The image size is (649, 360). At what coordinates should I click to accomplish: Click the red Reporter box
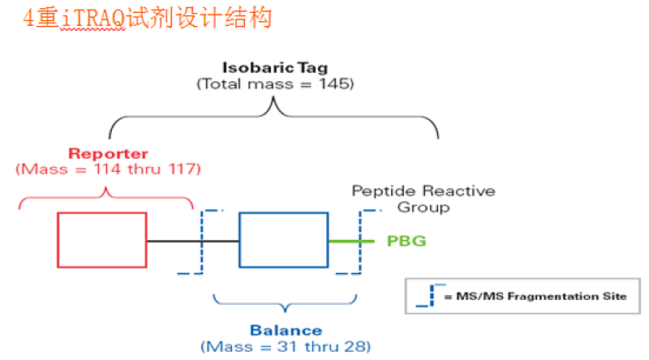[x=101, y=240]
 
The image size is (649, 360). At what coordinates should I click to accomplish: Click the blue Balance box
[x=283, y=240]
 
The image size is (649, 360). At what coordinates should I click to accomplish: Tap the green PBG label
[x=406, y=241]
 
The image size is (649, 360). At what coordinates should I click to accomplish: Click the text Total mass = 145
[x=275, y=84]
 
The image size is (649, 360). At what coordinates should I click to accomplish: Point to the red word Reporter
[x=108, y=153]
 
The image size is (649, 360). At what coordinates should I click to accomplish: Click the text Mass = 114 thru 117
[x=108, y=169]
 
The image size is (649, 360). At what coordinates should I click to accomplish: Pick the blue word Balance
[x=286, y=331]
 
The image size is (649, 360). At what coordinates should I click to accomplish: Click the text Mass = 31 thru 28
[x=286, y=346]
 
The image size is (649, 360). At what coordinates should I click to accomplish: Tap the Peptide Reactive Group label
[x=423, y=199]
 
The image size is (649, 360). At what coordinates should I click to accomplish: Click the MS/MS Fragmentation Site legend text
[x=535, y=297]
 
